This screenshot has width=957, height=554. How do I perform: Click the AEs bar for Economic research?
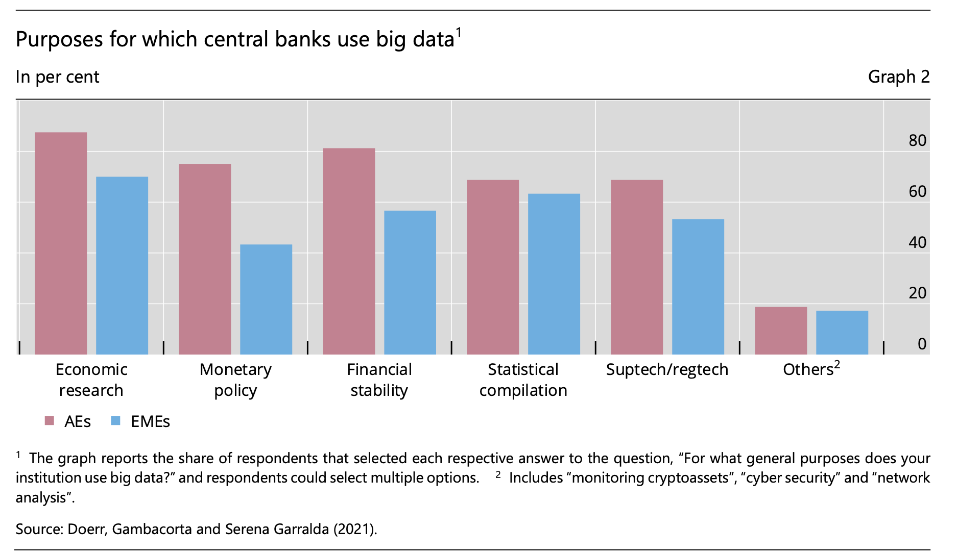61,243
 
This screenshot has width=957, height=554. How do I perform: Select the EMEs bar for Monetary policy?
266,299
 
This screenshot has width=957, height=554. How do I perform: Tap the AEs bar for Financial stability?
349,251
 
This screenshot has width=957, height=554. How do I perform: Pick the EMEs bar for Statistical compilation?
554,274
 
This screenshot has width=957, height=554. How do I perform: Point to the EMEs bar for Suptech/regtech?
698,287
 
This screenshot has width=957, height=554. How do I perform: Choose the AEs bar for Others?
781,331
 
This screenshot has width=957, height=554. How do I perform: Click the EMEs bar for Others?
842,333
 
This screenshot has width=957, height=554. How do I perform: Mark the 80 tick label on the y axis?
917,140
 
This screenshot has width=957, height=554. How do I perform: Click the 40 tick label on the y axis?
917,242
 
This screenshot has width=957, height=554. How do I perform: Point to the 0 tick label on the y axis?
922,344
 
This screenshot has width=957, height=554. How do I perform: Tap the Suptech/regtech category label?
667,369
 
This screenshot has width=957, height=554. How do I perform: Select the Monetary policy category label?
235,380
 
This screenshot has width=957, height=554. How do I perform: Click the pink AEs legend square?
50,421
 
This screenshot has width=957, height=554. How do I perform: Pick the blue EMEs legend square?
116,421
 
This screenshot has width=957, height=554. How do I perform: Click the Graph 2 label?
898,77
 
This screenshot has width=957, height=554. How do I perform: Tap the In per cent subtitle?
57,77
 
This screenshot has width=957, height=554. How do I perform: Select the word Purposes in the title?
59,40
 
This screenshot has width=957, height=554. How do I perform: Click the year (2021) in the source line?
355,529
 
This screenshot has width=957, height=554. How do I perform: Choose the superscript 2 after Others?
837,364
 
